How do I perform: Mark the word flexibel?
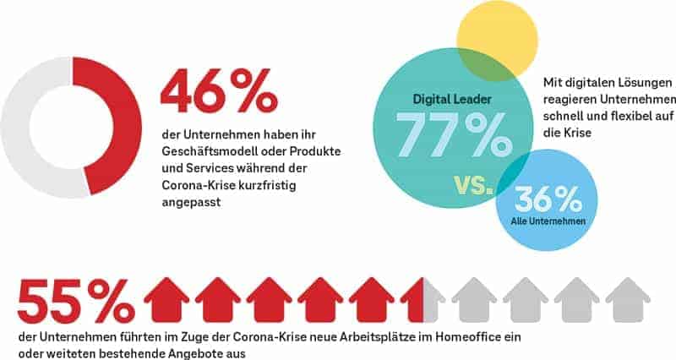[x=605, y=117]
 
